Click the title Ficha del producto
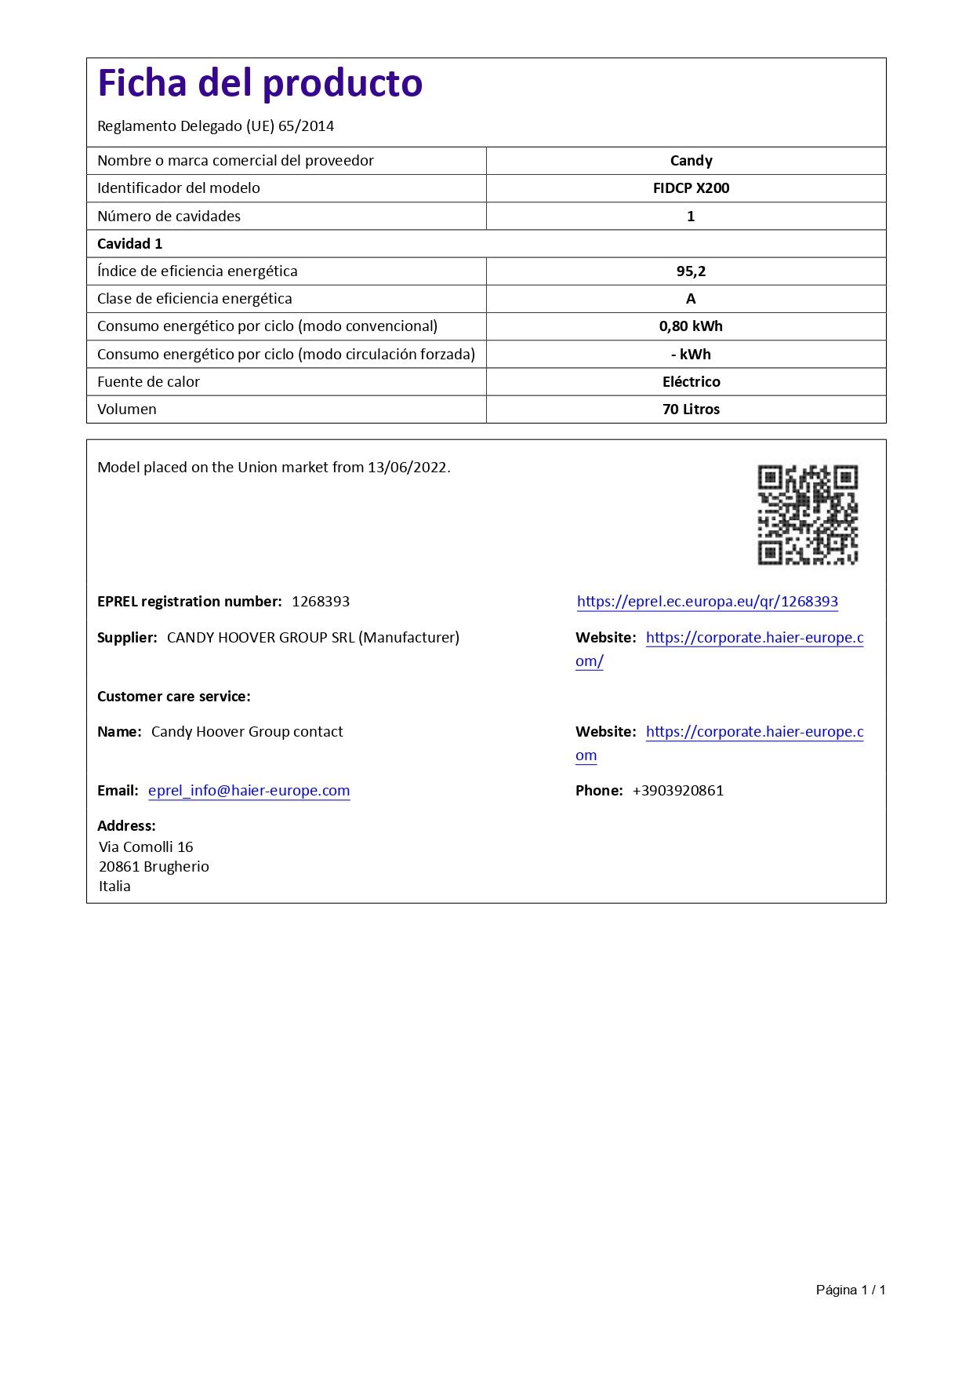(260, 83)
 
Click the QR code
(807, 514)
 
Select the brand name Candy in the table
(691, 161)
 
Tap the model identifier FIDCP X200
(691, 188)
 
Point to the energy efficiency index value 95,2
(691, 271)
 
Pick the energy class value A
(691, 299)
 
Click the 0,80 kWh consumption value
(691, 326)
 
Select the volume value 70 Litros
(691, 410)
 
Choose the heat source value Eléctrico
(691, 382)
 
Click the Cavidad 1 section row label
(129, 244)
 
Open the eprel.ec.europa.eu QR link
(707, 602)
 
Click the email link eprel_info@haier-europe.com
(249, 791)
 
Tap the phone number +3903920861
(677, 791)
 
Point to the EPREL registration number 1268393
(321, 602)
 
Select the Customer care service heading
(173, 697)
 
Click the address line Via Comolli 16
(146, 847)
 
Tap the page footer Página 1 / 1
(850, 1290)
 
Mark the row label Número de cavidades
(169, 217)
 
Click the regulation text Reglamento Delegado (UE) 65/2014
(216, 126)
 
